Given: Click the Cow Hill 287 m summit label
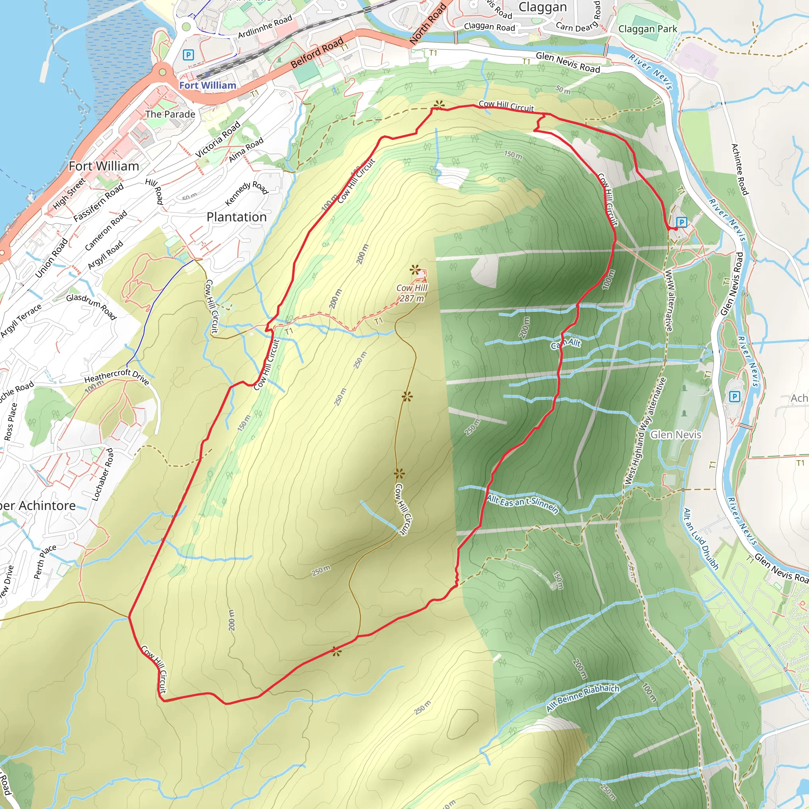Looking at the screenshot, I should click(412, 293).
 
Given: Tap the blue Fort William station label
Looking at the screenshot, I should click(208, 85).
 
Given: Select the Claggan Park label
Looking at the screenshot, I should click(647, 29).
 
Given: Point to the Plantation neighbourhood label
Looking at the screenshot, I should click(237, 217).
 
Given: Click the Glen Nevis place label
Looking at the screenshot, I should click(675, 435).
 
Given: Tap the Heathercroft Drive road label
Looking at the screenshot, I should click(117, 376).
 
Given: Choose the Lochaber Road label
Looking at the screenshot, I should click(102, 474).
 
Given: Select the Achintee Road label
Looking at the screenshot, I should click(739, 169).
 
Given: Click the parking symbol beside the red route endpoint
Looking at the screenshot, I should click(681, 222).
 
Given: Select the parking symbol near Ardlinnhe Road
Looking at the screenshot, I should click(188, 55).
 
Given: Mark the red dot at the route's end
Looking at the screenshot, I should click(675, 229).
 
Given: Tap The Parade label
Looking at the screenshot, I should click(170, 114).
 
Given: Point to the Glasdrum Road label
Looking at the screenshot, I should click(91, 306).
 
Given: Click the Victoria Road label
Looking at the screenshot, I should click(218, 139).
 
